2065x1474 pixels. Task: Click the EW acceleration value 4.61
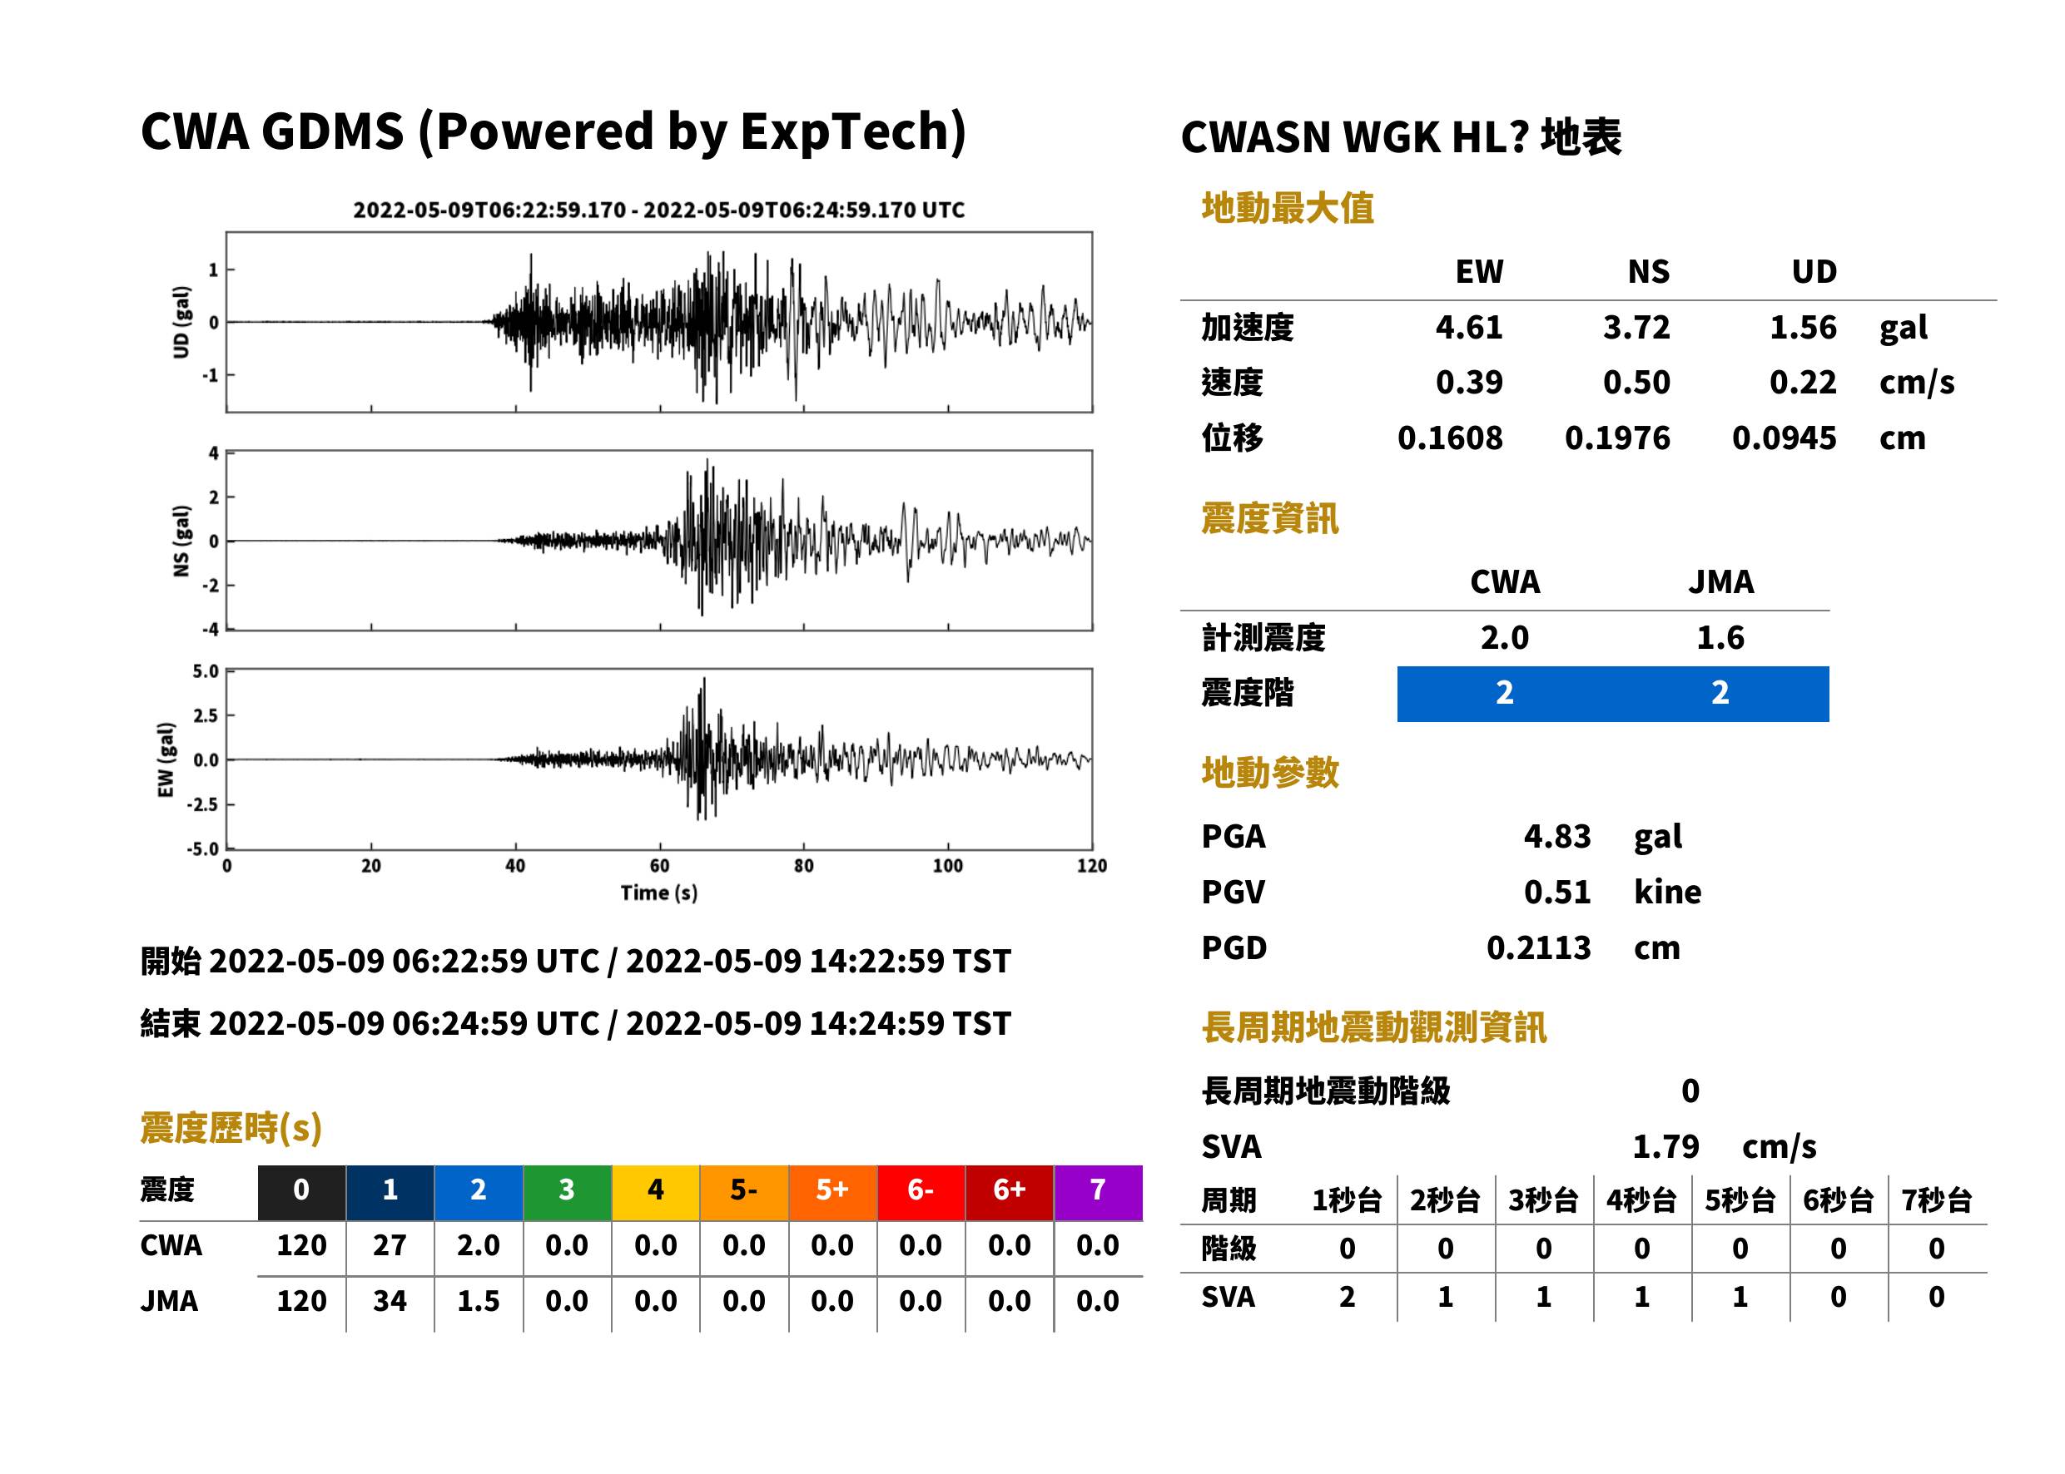[x=1468, y=328]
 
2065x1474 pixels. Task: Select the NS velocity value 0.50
[x=1636, y=382]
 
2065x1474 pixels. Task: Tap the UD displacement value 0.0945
[x=1784, y=438]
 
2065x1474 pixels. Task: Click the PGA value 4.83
[x=1556, y=836]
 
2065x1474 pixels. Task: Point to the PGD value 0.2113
[x=1538, y=947]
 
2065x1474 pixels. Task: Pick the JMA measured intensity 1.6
[x=1720, y=638]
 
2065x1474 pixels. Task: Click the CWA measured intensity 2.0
[x=1505, y=638]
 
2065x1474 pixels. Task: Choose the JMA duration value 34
[x=390, y=1301]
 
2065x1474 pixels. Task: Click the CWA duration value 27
[x=390, y=1245]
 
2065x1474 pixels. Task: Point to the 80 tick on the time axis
[x=804, y=866]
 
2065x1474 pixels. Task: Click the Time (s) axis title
[x=659, y=893]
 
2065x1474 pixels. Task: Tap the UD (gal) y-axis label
[x=181, y=322]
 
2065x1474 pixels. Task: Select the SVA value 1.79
[x=1665, y=1146]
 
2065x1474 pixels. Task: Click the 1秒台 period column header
[x=1347, y=1201]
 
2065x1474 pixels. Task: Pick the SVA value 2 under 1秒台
[x=1347, y=1297]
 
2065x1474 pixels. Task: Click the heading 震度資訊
[x=1269, y=519]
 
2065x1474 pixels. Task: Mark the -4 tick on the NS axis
[x=211, y=629]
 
